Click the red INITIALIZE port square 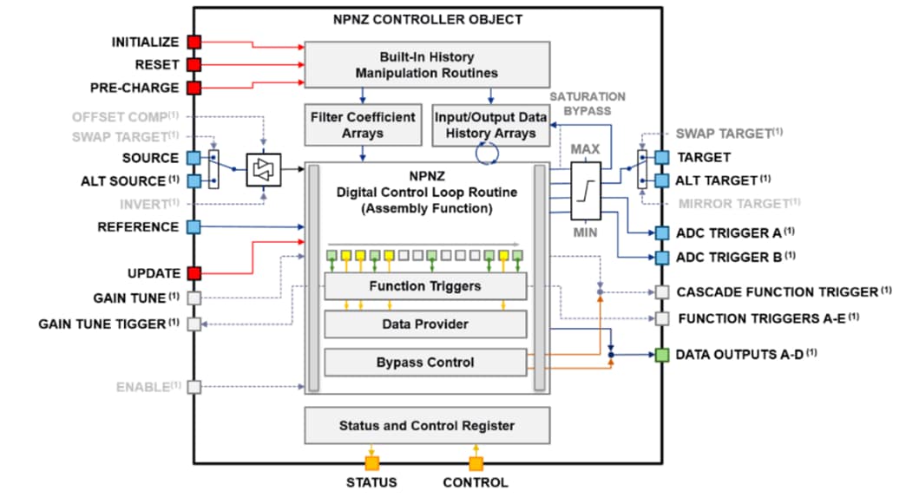click(194, 42)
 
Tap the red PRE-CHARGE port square click(194, 87)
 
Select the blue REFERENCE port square click(194, 226)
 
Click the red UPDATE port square click(194, 272)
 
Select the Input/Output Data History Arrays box click(491, 126)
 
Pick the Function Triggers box click(425, 286)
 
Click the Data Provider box click(425, 324)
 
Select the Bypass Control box click(425, 362)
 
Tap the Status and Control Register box click(426, 425)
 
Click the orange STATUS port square click(372, 463)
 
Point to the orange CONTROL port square click(476, 463)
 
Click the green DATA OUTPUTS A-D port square click(661, 355)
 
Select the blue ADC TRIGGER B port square click(661, 258)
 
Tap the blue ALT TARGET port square click(661, 180)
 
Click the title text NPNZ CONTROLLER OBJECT click(428, 19)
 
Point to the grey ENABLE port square click(194, 386)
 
